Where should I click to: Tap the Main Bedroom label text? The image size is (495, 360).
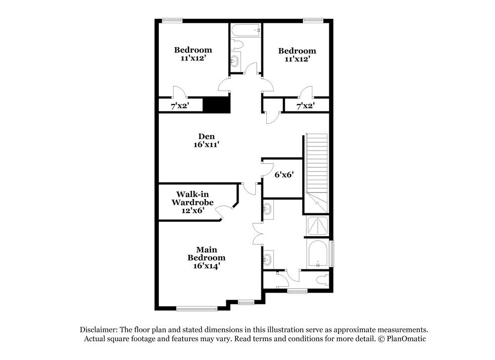coord(206,257)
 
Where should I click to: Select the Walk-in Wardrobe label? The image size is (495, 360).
coord(193,202)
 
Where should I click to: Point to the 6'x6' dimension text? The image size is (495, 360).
coord(285,175)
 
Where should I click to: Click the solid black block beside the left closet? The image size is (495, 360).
coord(217,105)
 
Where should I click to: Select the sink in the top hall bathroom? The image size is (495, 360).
coord(235,62)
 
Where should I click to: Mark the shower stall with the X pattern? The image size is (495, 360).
coord(317,226)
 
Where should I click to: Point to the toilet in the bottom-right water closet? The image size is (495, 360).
coord(322,280)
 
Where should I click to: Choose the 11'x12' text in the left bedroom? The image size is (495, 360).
coord(193,58)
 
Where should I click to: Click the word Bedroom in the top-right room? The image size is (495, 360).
coord(297,51)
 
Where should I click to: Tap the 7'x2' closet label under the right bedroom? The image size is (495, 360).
coord(305,106)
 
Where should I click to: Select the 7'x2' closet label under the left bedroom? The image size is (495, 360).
coord(180,106)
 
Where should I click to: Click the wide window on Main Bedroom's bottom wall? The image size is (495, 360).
coord(197,309)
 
